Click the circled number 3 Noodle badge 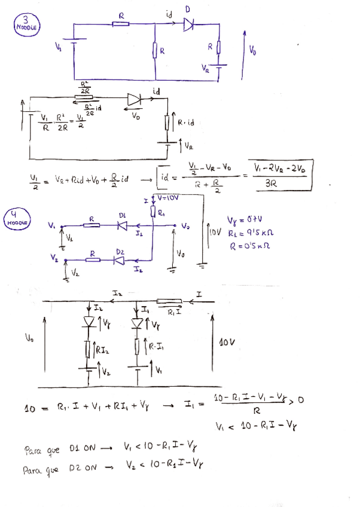click(26, 24)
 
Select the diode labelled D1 click(122, 225)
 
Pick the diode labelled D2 click(118, 260)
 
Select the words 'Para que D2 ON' click(60, 470)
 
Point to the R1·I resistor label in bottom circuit click(175, 311)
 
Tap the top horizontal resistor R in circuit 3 click(121, 24)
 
